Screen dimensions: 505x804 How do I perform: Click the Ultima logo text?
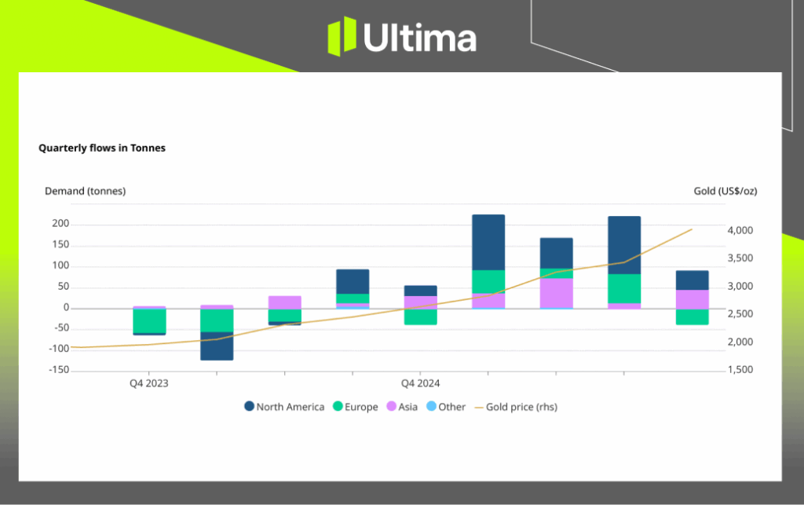419,38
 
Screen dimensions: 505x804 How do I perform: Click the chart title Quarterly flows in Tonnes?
102,148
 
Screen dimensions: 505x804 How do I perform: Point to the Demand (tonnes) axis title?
85,191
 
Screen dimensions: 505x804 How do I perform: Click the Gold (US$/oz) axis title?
725,191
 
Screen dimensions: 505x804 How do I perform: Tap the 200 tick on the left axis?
60,225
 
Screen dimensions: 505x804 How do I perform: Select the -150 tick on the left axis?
58,370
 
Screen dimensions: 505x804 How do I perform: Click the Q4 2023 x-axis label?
148,384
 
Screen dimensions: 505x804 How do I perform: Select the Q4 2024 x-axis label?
420,384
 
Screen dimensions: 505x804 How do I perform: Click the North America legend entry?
283,407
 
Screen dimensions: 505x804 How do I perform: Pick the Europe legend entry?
355,407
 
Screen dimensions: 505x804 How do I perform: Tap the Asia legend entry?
402,407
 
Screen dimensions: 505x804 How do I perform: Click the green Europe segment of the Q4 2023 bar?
148,320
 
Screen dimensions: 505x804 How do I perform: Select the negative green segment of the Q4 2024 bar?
420,317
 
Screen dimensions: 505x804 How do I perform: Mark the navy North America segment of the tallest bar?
488,242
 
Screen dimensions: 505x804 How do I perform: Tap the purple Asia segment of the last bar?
692,299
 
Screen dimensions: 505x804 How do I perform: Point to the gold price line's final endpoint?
692,229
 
